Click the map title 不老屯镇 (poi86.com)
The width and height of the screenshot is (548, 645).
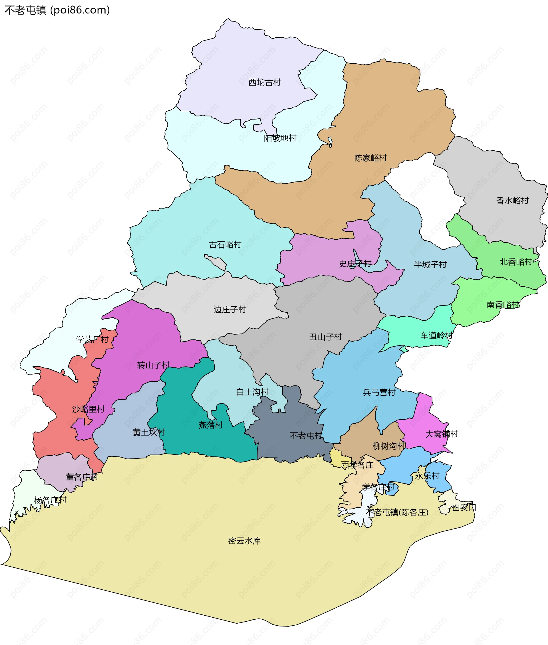pos(57,10)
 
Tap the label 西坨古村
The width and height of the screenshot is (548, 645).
pos(265,82)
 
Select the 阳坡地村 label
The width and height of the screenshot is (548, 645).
pos(280,138)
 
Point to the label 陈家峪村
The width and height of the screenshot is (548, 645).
pos(371,158)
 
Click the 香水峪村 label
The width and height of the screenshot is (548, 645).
pos(512,201)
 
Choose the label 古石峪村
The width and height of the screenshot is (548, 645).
pos(225,245)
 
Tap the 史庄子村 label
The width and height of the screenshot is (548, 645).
pos(355,264)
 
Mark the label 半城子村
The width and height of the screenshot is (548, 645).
pos(430,264)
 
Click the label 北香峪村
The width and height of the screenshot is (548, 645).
pos(516,262)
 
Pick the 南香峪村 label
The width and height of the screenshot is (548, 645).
pos(503,305)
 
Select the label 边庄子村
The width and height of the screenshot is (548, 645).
pos(229,309)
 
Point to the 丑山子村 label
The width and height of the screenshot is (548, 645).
pos(326,337)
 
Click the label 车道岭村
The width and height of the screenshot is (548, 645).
pos(436,335)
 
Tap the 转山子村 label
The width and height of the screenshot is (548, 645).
pos(153,365)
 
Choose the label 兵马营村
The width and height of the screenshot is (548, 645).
pos(379,393)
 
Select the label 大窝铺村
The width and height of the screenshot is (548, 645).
pos(442,434)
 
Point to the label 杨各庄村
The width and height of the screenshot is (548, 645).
pos(50,500)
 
